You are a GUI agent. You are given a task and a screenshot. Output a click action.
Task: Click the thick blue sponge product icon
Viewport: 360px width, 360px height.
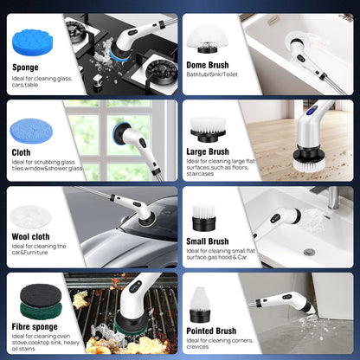coord(33,42)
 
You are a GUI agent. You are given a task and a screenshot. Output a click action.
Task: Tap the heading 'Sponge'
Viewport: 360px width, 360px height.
coord(25,67)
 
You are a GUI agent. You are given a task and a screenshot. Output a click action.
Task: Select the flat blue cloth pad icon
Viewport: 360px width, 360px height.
coord(31,132)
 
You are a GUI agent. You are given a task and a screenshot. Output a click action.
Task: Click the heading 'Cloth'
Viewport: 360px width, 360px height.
coord(21,152)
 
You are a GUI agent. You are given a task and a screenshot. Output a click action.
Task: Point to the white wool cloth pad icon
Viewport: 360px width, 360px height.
coord(30,217)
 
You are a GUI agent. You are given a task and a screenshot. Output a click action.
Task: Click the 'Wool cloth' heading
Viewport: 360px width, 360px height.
coord(30,237)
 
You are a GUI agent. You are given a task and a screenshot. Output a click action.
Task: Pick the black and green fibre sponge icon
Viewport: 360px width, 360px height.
coord(41,301)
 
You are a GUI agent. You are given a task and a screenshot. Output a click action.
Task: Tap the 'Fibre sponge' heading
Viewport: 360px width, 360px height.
coord(35,327)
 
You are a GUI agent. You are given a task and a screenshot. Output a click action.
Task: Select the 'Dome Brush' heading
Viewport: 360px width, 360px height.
coord(208,65)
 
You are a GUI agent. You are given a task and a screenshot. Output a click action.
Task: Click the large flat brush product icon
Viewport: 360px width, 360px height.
coord(208,130)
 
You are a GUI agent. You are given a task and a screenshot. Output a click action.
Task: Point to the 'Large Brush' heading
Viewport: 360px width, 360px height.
coord(208,151)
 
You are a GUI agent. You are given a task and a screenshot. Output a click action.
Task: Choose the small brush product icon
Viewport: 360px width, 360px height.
coord(203,217)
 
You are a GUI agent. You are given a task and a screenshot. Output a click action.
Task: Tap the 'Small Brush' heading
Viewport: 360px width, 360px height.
coord(208,241)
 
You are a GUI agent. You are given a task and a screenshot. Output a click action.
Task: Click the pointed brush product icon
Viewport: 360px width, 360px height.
coord(200,305)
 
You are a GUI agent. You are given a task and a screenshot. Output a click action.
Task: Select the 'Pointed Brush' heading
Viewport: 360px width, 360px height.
coord(211,331)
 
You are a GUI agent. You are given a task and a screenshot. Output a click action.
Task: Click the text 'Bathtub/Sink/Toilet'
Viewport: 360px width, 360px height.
coord(212,74)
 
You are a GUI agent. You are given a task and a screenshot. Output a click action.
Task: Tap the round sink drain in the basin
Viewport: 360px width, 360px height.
coord(309,252)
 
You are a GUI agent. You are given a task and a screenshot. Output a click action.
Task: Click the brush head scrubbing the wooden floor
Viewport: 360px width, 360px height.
coord(309,158)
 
